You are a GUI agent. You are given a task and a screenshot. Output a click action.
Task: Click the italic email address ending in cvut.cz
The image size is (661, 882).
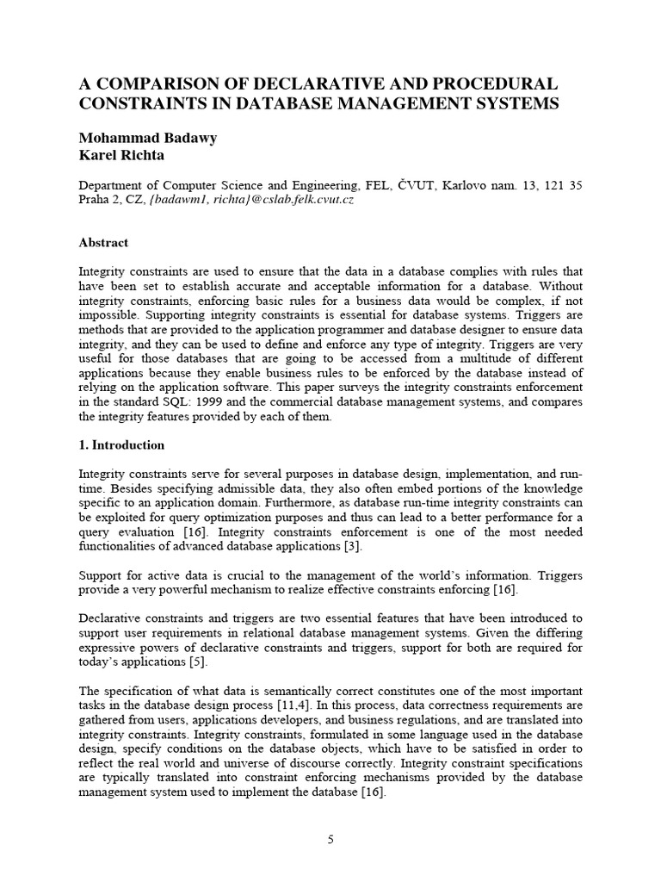251,199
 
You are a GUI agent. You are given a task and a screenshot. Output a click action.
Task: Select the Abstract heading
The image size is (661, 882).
103,243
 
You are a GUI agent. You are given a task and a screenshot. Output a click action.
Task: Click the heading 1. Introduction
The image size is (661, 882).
121,445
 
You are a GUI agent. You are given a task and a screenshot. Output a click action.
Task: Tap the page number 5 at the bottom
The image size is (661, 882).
330,840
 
